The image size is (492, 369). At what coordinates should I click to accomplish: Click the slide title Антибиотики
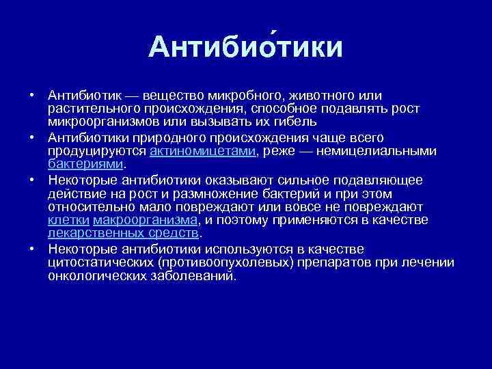[245, 47]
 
